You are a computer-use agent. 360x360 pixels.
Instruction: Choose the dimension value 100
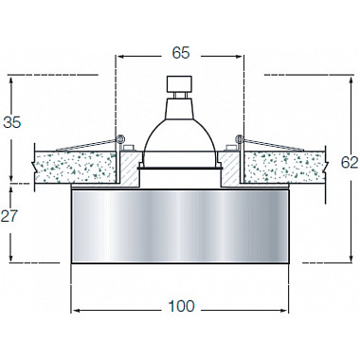(x=180, y=305)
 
